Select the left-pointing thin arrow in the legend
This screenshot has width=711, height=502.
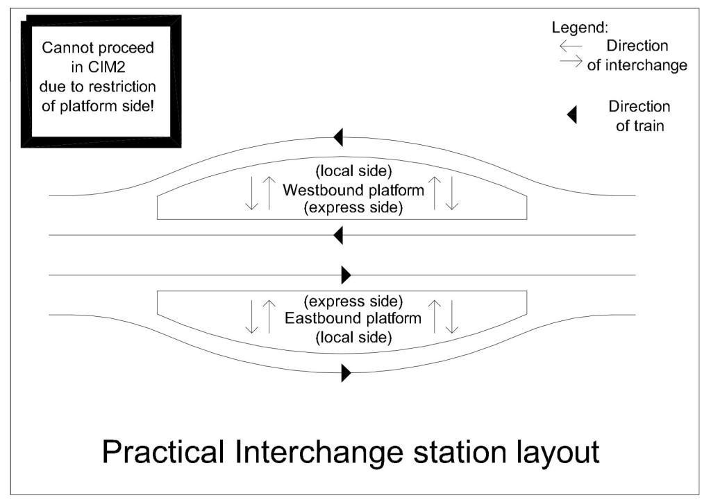coord(571,46)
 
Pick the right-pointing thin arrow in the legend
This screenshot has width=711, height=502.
coord(571,62)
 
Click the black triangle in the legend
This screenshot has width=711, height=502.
coord(572,115)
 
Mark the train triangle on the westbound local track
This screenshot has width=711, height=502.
coord(338,137)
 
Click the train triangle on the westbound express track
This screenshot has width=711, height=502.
coord(338,236)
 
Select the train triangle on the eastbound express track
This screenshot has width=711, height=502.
coord(346,275)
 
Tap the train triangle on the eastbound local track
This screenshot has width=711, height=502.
coord(346,374)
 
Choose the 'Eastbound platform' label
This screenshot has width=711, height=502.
coord(353,319)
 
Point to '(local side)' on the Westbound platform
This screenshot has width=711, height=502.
coord(353,172)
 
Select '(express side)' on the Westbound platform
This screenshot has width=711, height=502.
coord(353,207)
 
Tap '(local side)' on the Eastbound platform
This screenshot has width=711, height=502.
coord(353,338)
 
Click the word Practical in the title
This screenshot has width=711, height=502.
coord(163,452)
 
